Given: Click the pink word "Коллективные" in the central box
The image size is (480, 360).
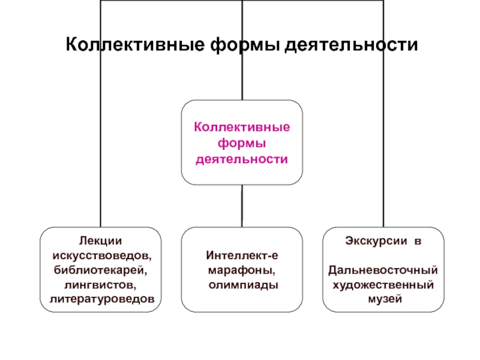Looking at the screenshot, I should pos(242,128).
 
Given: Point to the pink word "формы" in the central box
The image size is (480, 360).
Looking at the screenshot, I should pos(242,143).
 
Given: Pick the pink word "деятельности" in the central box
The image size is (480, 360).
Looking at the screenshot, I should pos(242,159).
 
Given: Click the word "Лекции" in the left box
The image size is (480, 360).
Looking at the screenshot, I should pos(101,241).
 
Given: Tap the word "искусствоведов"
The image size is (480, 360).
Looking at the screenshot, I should pos(101,256).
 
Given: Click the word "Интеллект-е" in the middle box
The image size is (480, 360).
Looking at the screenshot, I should pos(242,256).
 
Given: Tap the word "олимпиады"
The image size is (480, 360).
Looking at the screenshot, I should pos(243,284).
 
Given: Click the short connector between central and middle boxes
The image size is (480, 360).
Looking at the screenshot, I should pos(242,206).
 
